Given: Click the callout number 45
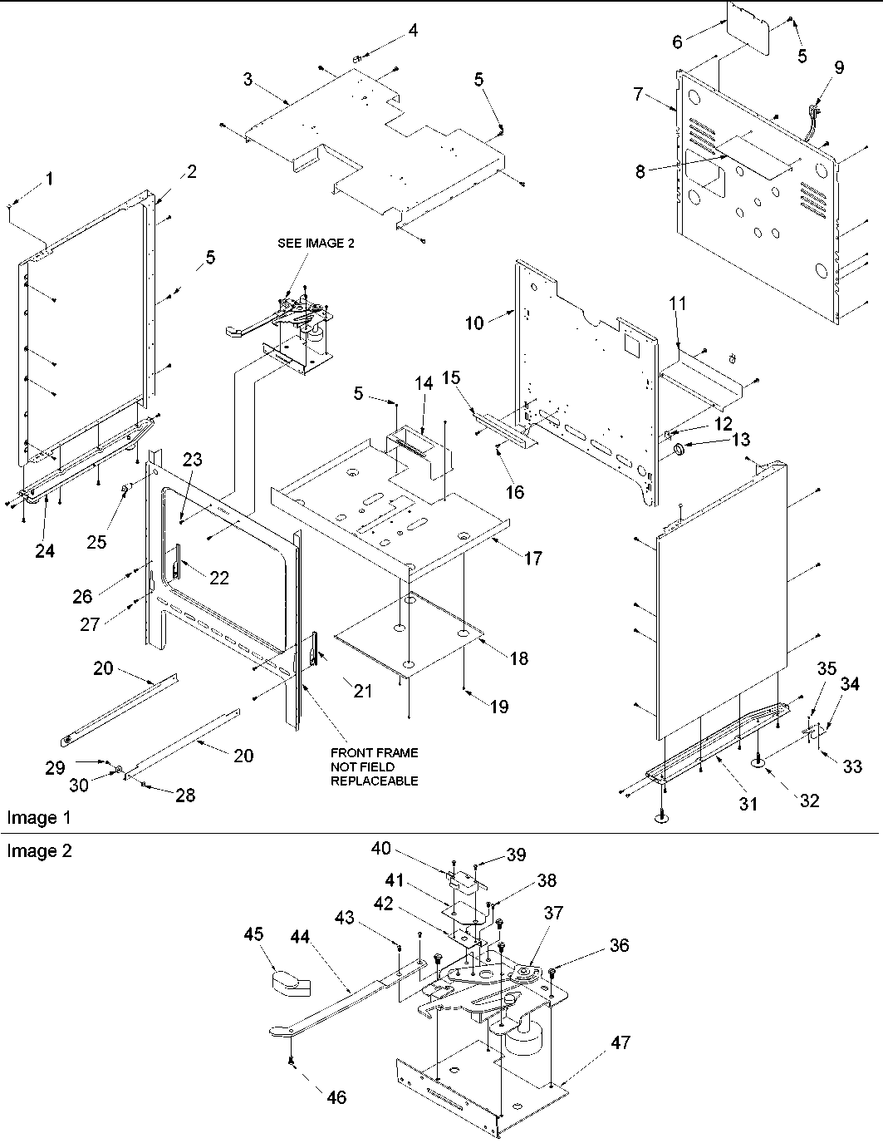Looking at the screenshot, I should click(253, 934).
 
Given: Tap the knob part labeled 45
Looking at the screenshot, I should click(290, 982).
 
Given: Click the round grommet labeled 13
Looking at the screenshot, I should click(679, 450).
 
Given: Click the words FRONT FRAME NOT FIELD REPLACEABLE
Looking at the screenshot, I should click(374, 766).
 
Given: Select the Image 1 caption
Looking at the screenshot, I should click(39, 817).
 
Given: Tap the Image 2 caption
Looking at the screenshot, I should click(39, 850).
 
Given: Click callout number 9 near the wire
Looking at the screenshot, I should click(838, 68).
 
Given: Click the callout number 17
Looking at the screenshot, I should click(532, 558).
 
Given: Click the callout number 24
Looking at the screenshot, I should click(45, 550).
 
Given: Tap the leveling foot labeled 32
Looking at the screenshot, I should click(759, 760).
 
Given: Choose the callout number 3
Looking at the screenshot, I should click(248, 79).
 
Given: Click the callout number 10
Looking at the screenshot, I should click(473, 323).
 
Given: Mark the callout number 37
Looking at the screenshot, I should click(553, 914).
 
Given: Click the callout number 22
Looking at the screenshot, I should click(218, 578).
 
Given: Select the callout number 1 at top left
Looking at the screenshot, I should click(50, 178).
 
